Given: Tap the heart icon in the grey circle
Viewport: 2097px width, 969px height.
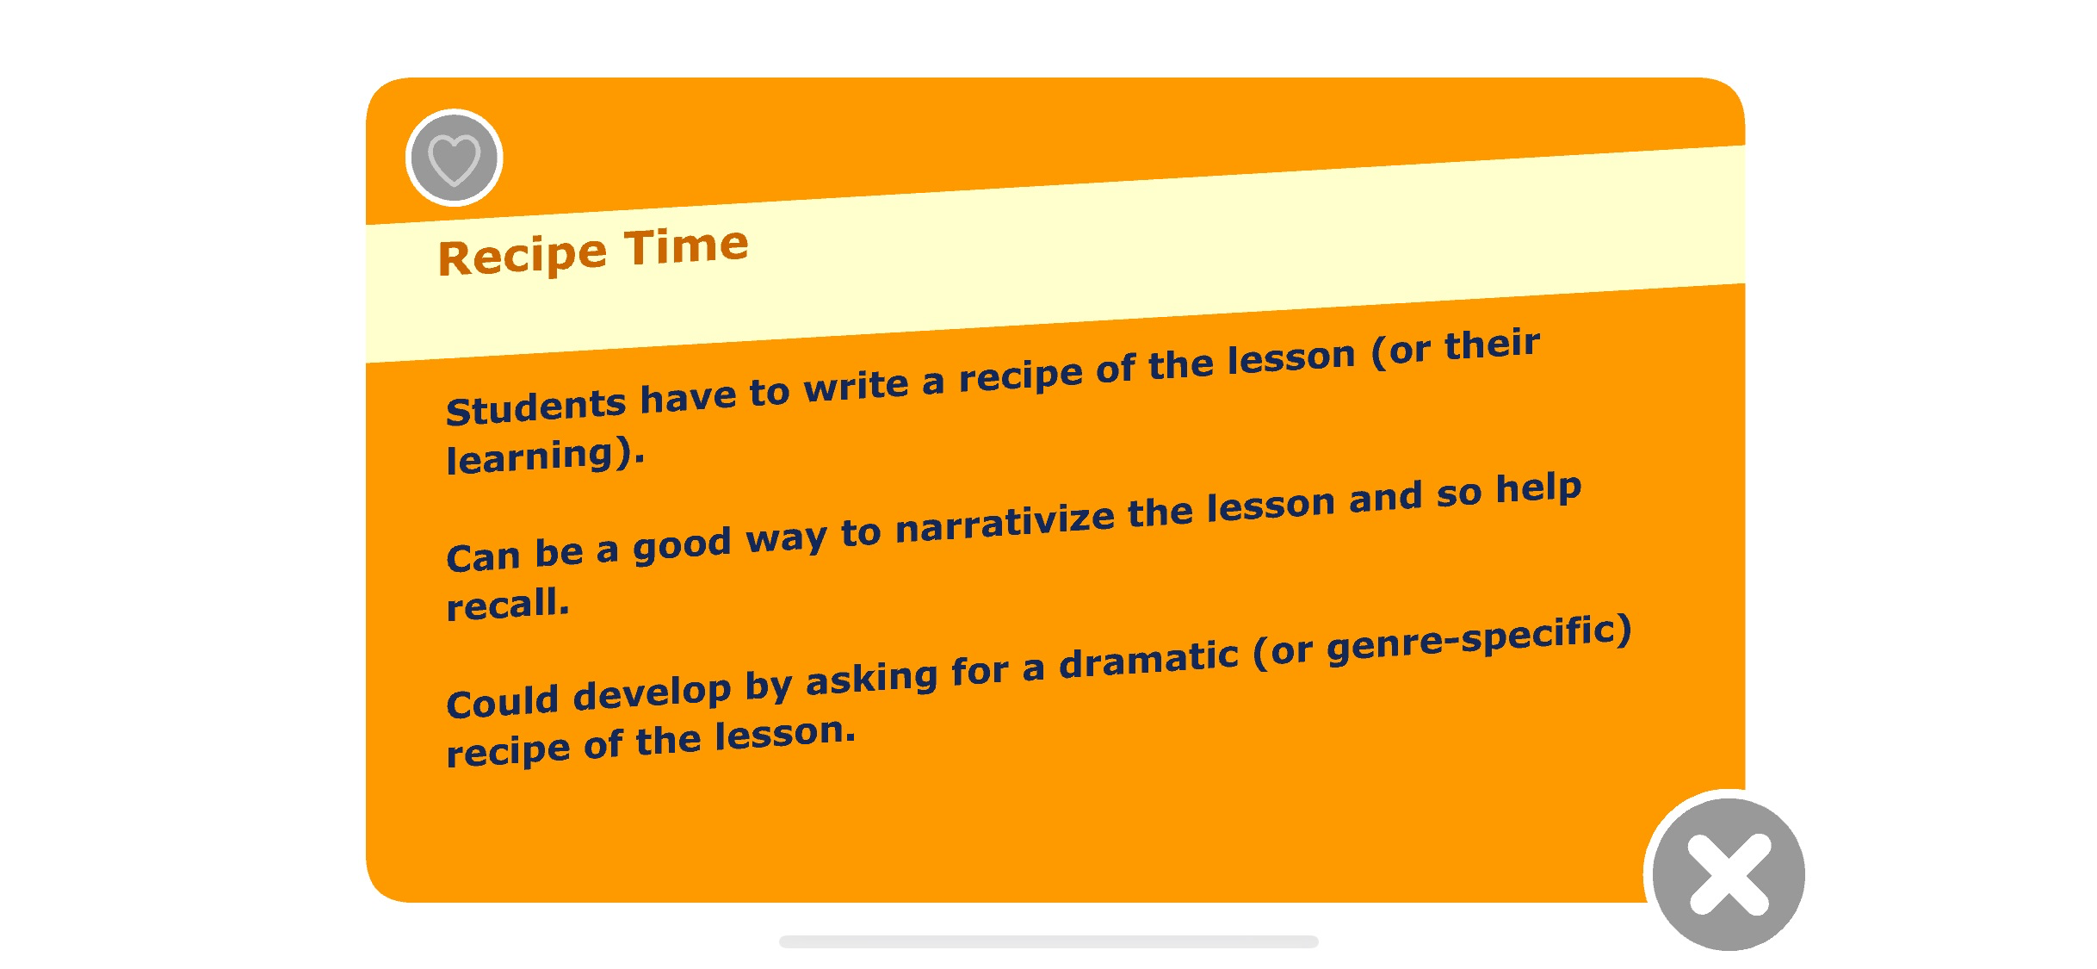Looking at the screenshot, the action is pyautogui.click(x=454, y=159).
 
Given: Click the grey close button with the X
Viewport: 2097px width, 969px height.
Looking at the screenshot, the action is pyautogui.click(x=1729, y=874).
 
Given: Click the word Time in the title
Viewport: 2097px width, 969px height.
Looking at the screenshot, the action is pyautogui.click(x=686, y=248).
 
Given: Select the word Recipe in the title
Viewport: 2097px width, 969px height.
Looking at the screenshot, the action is pyautogui.click(x=523, y=257).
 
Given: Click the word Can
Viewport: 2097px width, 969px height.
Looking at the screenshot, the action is pyautogui.click(x=483, y=556).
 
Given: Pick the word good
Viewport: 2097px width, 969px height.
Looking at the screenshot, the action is pyautogui.click(x=682, y=545).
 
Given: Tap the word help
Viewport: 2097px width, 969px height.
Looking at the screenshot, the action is pyautogui.click(x=1538, y=489).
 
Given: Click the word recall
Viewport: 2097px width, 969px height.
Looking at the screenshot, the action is pyautogui.click(x=507, y=603).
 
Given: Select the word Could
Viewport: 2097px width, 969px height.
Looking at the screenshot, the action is pyautogui.click(x=502, y=701).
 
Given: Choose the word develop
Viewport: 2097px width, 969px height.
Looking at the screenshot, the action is pyautogui.click(x=652, y=693).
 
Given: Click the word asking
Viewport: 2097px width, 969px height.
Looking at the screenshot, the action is pyautogui.click(x=871, y=679).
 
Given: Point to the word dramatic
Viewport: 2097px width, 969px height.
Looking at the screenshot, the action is pyautogui.click(x=1148, y=661).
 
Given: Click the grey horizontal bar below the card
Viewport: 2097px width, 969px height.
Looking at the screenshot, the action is pyautogui.click(x=1048, y=941).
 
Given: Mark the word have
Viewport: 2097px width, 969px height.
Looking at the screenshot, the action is pyautogui.click(x=688, y=397).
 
